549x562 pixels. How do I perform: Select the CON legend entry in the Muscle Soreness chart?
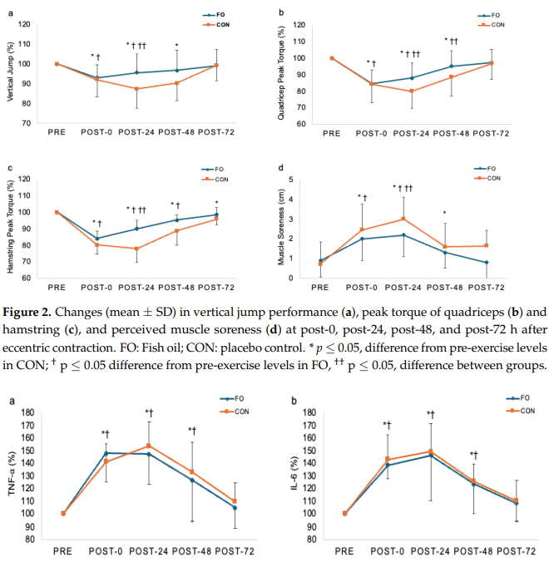coord(493,178)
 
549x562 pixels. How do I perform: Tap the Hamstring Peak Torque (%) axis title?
coord(9,228)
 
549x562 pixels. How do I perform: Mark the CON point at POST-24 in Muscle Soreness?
coord(403,219)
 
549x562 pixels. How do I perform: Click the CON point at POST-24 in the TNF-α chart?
coord(149,446)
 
